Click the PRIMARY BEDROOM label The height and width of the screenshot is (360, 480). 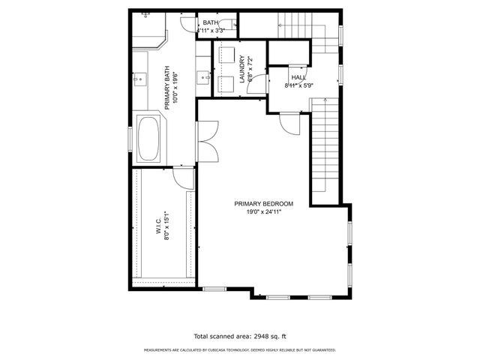click(263, 204)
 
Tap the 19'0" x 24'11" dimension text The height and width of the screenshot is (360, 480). click(263, 212)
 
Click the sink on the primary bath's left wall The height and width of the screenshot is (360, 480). click(139, 76)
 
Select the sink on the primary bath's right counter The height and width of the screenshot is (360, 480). click(203, 76)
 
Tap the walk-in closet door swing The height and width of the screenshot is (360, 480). click(182, 176)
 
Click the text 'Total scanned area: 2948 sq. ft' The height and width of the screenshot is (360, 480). click(240, 337)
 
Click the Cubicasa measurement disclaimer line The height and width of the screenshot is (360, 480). click(240, 349)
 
